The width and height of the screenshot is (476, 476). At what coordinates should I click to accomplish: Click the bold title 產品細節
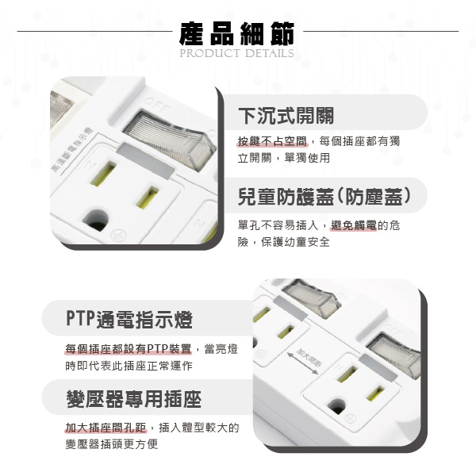tap(236, 33)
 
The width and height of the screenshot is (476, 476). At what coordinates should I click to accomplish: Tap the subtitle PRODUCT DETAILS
tap(236, 53)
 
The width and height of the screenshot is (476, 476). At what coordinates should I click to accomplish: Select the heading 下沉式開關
tap(286, 116)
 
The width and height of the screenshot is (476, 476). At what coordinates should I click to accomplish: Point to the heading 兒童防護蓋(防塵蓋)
tap(324, 197)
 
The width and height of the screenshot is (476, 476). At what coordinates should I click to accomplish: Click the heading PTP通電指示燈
tap(129, 320)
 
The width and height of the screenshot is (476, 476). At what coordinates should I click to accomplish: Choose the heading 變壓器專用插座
tap(134, 398)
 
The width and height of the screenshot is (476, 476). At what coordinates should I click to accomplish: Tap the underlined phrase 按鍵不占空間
tap(272, 141)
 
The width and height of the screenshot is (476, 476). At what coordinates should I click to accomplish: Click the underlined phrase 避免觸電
tap(354, 225)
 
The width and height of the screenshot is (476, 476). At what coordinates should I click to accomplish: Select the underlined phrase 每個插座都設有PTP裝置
tap(129, 349)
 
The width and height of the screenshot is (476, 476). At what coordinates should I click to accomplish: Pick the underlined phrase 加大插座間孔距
tap(106, 428)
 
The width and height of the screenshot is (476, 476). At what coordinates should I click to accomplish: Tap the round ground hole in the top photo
tap(96, 219)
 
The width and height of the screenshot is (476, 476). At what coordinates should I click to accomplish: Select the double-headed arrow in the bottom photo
tap(303, 363)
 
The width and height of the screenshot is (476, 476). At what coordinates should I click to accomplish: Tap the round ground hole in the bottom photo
tap(336, 407)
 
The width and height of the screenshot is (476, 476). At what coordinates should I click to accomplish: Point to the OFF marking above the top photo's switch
tap(157, 104)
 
